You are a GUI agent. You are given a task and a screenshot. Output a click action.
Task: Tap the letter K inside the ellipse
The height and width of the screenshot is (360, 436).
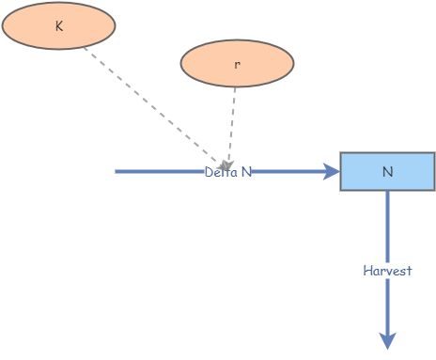click(x=59, y=26)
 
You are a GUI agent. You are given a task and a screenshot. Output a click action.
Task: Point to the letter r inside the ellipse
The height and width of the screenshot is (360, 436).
click(x=237, y=65)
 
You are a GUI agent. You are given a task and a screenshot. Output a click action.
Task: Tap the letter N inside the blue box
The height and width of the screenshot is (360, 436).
click(x=387, y=172)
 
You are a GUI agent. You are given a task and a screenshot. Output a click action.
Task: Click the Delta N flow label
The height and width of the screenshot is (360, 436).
click(x=228, y=172)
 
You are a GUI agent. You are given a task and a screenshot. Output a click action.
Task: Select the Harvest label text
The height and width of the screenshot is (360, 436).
click(x=387, y=271)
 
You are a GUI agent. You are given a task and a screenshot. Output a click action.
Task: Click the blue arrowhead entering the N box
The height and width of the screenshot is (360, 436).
click(x=331, y=172)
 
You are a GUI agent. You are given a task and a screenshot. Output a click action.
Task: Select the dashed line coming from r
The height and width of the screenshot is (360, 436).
click(x=231, y=122)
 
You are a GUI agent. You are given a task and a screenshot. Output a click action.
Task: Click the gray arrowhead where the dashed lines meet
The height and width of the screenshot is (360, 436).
click(x=226, y=164)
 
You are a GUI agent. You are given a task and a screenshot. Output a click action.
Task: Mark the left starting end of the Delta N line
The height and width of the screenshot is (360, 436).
click(x=117, y=172)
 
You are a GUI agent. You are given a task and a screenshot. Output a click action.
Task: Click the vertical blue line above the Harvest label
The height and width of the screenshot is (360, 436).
click(x=387, y=226)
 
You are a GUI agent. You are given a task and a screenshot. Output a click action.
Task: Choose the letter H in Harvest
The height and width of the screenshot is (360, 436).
click(x=367, y=271)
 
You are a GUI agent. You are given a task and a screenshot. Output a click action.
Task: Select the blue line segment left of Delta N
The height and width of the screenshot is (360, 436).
click(x=160, y=172)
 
